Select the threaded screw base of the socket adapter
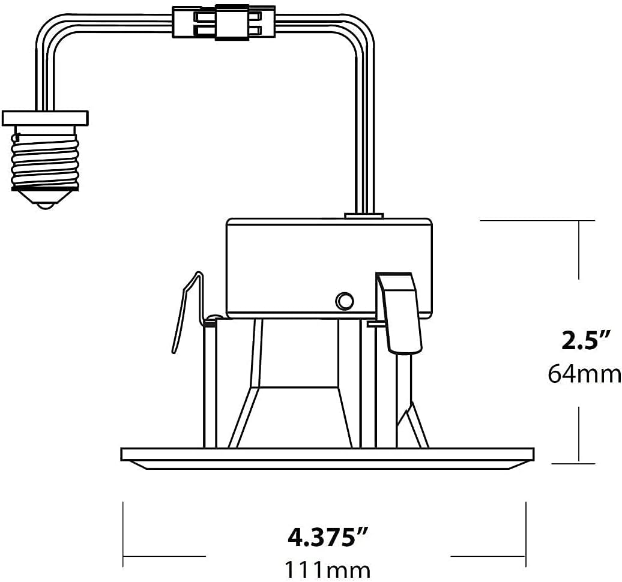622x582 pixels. pyautogui.click(x=46, y=157)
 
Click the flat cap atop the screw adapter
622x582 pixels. pyautogui.click(x=46, y=118)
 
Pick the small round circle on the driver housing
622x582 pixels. pyautogui.click(x=344, y=301)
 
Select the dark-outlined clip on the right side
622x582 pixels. pyautogui.click(x=399, y=312)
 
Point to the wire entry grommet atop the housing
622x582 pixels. pyautogui.click(x=364, y=214)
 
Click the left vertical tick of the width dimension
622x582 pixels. pyautogui.click(x=123, y=534)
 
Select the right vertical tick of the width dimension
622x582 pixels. pyautogui.click(x=526, y=534)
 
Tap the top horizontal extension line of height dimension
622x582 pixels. pyautogui.click(x=537, y=221)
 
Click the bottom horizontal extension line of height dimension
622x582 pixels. pyautogui.click(x=573, y=463)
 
